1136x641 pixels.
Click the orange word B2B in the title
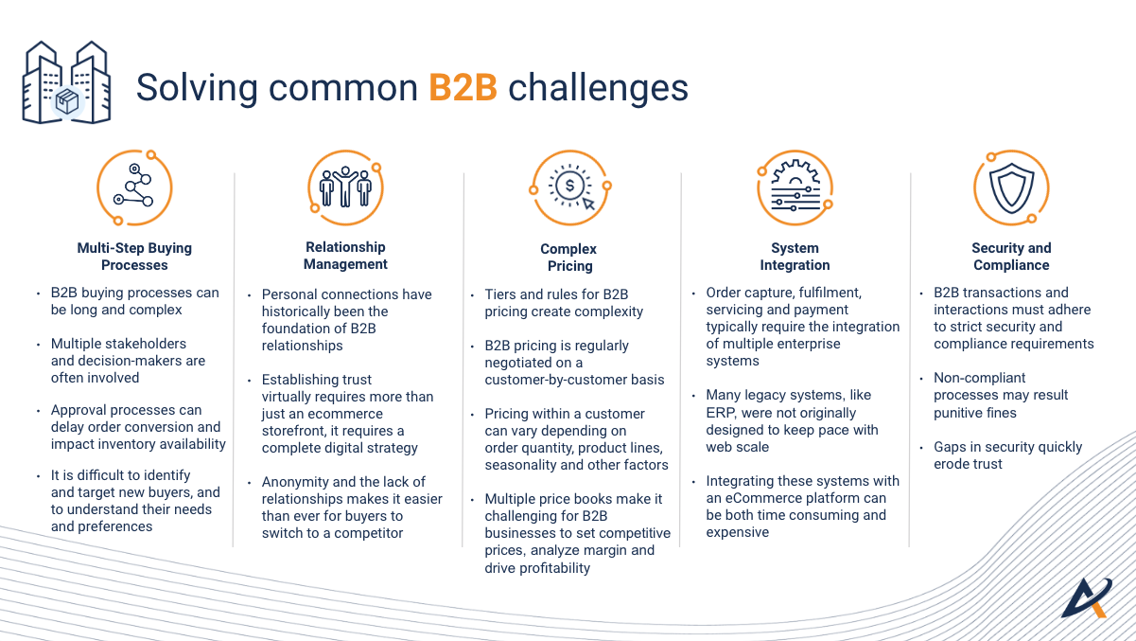(463, 87)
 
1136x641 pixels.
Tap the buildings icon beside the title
(66, 82)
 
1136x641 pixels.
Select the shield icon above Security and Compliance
(1011, 187)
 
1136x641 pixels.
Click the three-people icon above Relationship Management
(345, 187)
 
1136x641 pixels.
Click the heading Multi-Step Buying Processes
(134, 257)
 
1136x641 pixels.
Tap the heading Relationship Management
(345, 256)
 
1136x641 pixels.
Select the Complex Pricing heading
(568, 258)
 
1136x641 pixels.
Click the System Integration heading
(795, 257)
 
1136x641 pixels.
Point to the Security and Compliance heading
(1011, 257)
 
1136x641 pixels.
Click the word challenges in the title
(598, 88)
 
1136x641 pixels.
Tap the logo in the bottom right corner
(1087, 597)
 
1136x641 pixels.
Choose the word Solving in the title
(198, 88)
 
